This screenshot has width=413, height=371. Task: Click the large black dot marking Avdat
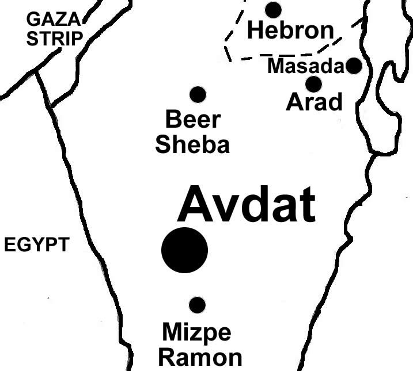184,250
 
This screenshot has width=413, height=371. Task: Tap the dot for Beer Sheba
198,94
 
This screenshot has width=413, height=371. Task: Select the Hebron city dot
273,9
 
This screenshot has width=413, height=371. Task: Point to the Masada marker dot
354,66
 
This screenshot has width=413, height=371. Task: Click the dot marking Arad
313,84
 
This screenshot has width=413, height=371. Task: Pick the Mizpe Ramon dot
197,305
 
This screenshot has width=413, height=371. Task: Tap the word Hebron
290,30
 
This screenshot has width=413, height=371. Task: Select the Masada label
305,67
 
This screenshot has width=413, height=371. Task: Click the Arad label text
314,104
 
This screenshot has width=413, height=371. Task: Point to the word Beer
193,120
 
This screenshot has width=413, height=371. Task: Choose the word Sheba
192,144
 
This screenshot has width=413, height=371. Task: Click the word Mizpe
196,332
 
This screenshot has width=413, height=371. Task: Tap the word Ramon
200,357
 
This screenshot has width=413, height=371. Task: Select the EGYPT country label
36,245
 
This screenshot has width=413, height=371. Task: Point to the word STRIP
55,39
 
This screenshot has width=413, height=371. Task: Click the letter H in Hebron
255,30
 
